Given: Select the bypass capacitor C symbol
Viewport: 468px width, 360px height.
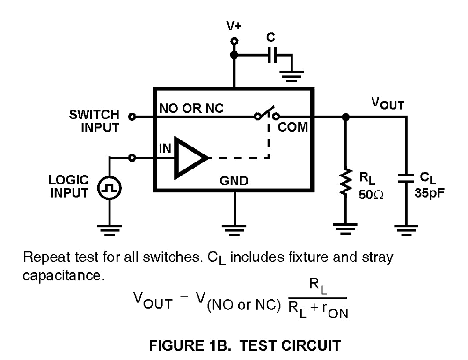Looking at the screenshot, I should [271, 56].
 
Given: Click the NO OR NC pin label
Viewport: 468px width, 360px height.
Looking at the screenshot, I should [191, 108].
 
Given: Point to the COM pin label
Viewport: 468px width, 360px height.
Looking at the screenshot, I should [294, 127].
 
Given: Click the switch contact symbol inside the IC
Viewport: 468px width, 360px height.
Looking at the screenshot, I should [266, 115].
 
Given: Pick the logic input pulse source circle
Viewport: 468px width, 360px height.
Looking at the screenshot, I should [109, 189].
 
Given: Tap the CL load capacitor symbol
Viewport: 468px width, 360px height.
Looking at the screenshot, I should [405, 179].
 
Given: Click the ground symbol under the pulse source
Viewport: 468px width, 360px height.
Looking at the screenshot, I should [109, 229].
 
